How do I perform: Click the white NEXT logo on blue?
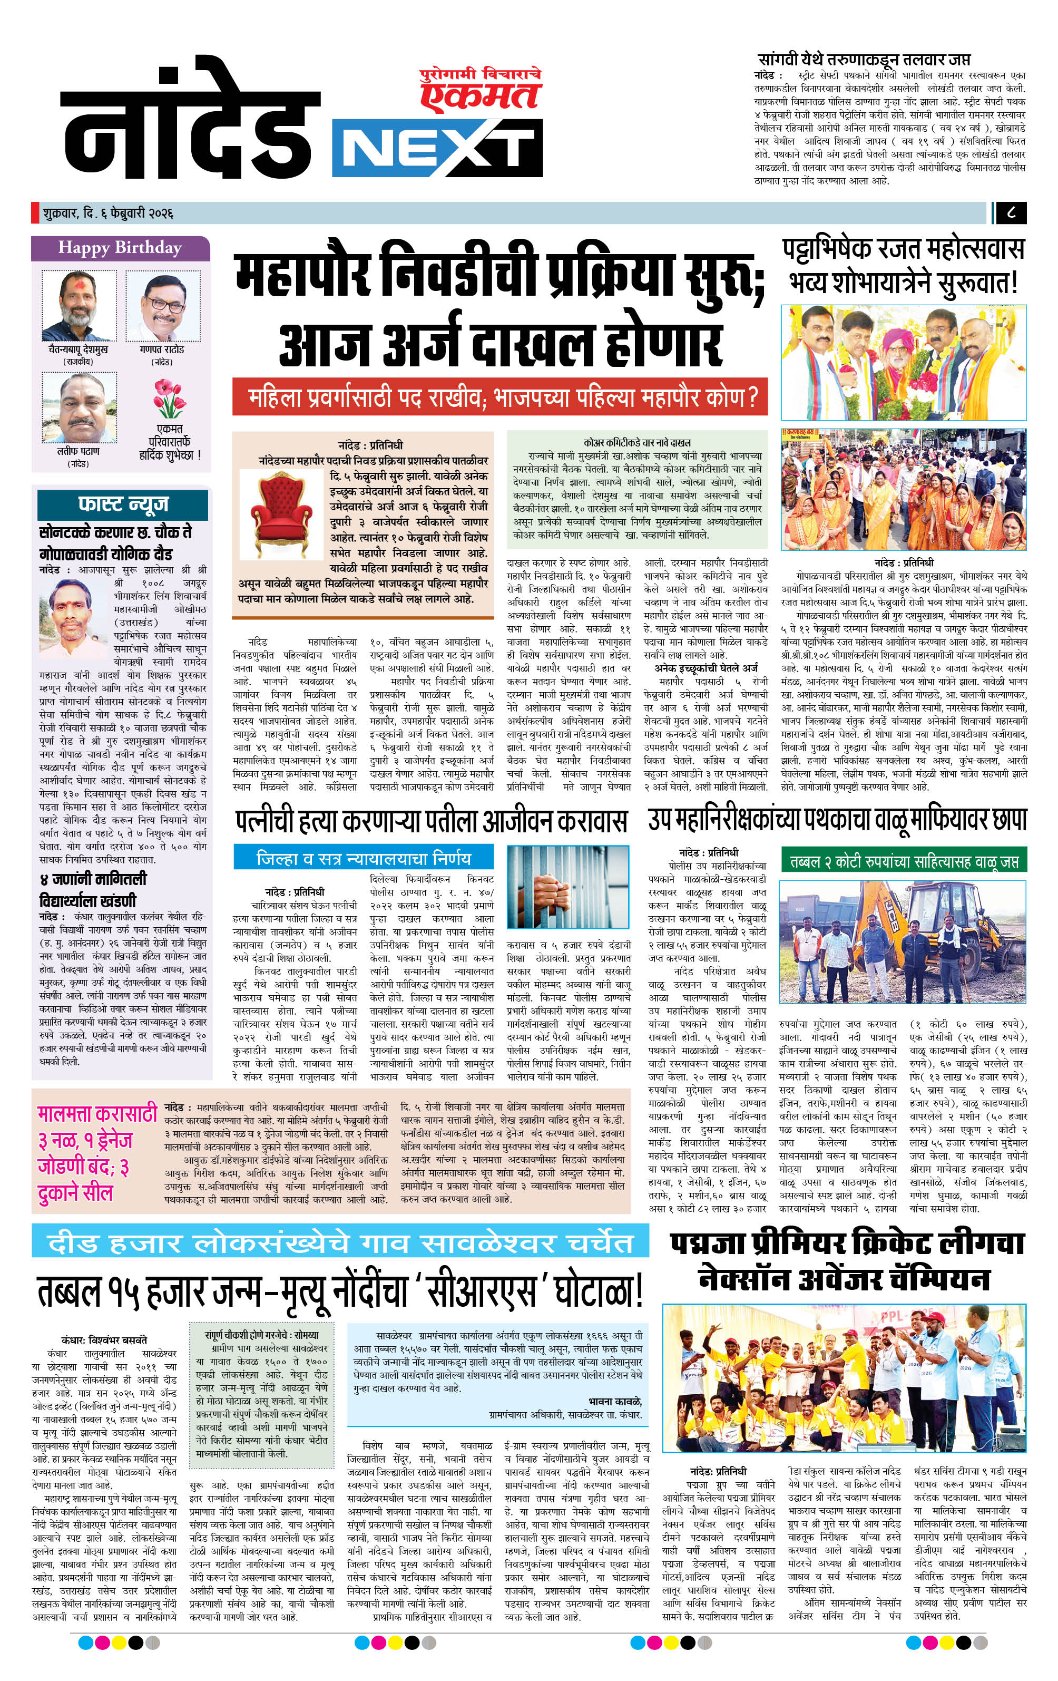coord(437,147)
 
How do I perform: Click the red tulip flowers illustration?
coord(170,398)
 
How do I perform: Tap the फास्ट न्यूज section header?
coord(123,504)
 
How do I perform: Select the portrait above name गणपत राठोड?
coord(163,306)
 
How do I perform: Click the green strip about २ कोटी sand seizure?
coord(903,863)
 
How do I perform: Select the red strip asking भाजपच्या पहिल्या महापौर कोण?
coord(499,398)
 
